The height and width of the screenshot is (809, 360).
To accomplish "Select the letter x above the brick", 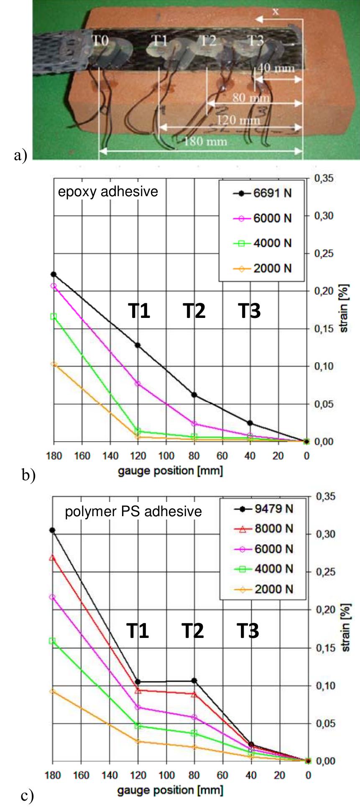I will tap(276, 12).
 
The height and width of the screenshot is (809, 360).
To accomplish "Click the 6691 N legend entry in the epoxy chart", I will tap(272, 194).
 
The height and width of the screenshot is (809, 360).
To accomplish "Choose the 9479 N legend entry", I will tap(274, 509).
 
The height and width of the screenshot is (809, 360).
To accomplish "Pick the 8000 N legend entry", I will tap(274, 529).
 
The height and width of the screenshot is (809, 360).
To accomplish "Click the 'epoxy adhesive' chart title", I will tap(108, 192).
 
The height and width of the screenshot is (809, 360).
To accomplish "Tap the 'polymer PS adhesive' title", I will tap(133, 512).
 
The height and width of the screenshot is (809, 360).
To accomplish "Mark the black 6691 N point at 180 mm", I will tap(54, 274).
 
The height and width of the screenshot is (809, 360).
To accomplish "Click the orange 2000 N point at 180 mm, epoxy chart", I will tap(54, 364).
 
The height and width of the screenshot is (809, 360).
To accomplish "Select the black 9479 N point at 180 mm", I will tap(52, 530).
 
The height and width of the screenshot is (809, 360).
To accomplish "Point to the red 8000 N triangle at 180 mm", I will tap(52, 558).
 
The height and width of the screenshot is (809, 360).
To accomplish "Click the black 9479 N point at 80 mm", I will tap(194, 681).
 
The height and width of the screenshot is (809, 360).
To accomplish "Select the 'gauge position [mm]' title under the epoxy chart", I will tap(170, 471).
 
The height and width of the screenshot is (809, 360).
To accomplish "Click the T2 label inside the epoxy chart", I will tap(194, 311).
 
